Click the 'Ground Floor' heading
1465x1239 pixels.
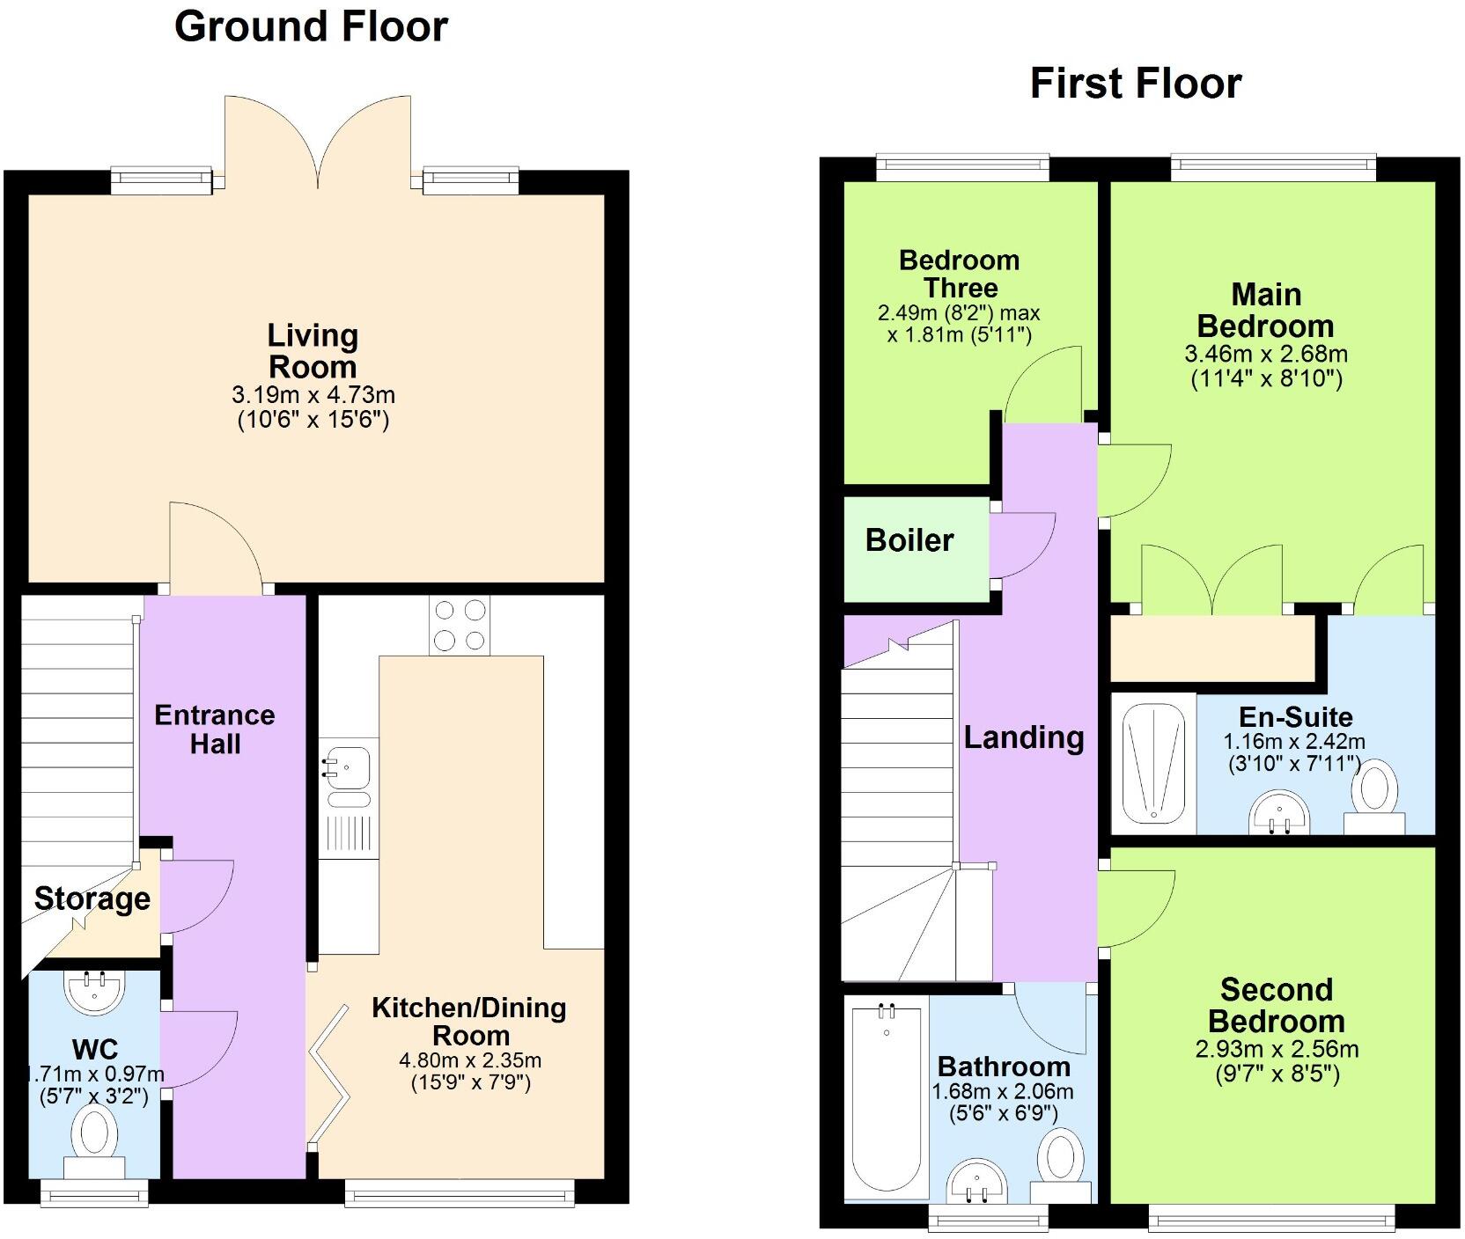pos(311,26)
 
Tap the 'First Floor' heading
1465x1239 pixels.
pos(1135,84)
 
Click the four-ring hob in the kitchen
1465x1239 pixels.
pos(460,626)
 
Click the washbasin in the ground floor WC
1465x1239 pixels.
pos(95,990)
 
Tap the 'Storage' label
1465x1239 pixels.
pos(92,898)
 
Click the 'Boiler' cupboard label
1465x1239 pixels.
pos(909,539)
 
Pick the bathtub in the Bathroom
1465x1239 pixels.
pos(886,1100)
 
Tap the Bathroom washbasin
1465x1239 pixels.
pos(976,1180)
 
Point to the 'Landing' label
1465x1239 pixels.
pos(1023,737)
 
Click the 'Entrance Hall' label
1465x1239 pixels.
pos(215,729)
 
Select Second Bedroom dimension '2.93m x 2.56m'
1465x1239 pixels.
pos(1276,1049)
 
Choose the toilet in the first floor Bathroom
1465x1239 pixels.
pos(1060,1162)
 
